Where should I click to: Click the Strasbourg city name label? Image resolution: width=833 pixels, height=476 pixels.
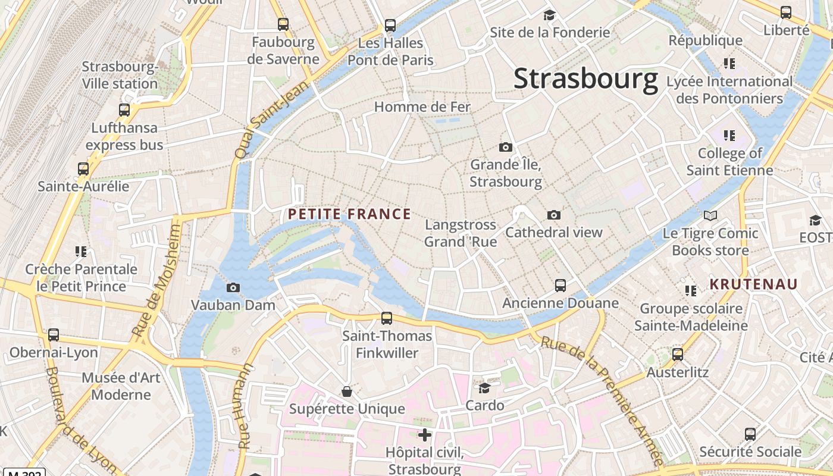tap(585, 79)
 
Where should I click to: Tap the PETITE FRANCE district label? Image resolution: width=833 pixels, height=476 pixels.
tap(349, 214)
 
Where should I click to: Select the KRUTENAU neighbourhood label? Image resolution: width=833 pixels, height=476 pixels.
tap(753, 284)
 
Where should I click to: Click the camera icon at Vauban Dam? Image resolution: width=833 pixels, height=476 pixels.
tap(233, 288)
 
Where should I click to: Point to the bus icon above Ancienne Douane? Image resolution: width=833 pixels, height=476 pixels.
tap(560, 286)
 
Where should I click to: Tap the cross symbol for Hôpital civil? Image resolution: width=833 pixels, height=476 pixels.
tap(424, 435)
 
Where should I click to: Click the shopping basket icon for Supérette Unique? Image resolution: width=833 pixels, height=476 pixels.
tap(347, 392)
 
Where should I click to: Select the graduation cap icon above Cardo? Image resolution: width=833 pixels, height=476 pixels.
tap(485, 389)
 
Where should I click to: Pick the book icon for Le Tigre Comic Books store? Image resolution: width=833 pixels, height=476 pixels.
tap(710, 215)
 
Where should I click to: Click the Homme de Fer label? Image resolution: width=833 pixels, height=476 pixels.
tap(422, 107)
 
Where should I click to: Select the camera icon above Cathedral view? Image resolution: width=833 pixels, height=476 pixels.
tap(554, 215)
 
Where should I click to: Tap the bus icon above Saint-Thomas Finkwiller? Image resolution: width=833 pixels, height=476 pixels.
tap(387, 318)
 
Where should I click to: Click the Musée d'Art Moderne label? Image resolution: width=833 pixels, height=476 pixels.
tap(121, 386)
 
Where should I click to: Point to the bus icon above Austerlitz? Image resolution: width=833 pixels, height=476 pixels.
tap(678, 355)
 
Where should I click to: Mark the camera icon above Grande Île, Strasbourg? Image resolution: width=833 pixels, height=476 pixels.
tap(506, 147)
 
